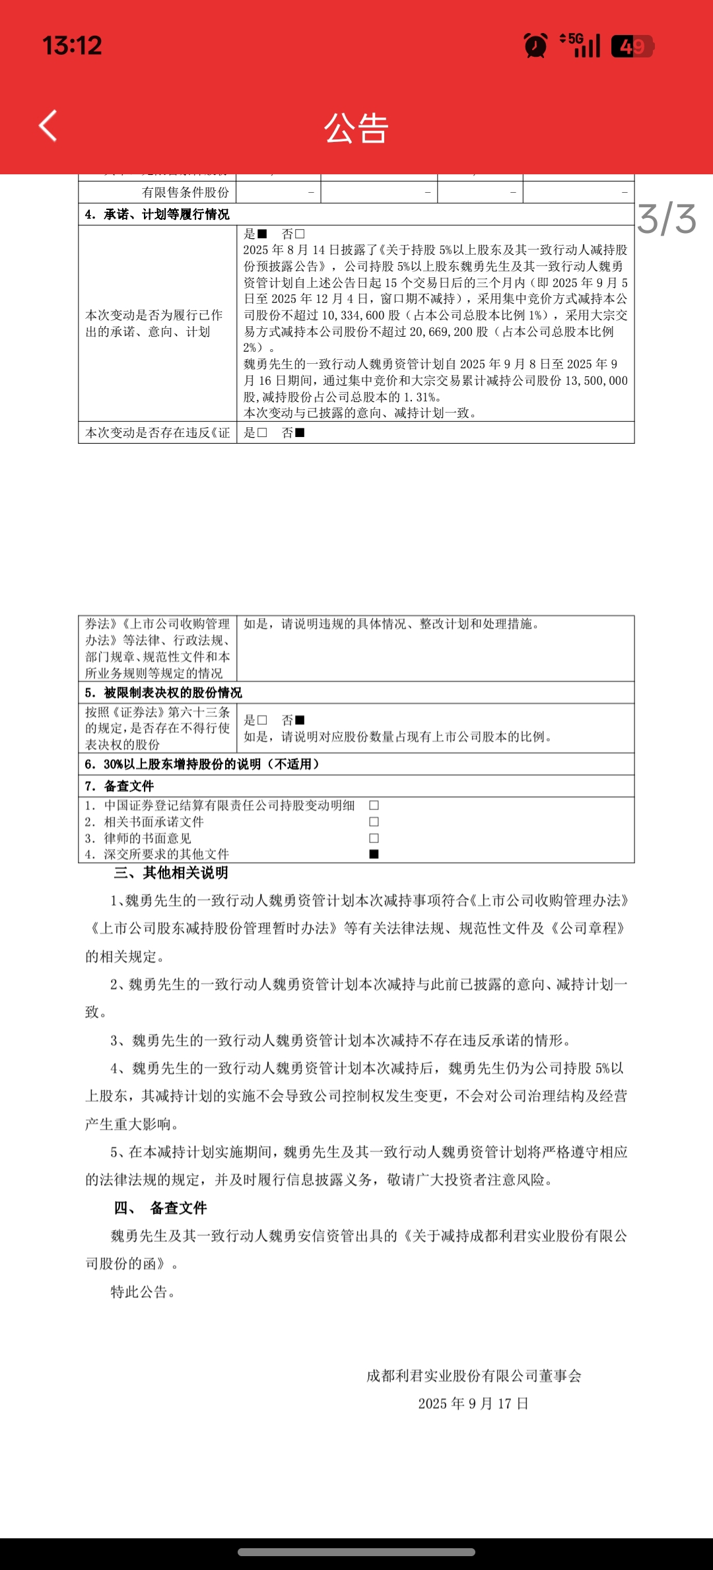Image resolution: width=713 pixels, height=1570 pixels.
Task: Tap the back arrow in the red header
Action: (x=48, y=125)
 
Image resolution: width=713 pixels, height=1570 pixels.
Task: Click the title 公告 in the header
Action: (x=356, y=128)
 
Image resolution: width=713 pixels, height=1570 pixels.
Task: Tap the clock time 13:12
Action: (x=73, y=46)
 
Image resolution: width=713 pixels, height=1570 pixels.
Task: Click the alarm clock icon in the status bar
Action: (x=535, y=46)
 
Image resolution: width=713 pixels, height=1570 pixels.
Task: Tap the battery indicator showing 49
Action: (x=632, y=46)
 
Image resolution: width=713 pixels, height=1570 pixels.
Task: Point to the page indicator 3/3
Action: (x=667, y=219)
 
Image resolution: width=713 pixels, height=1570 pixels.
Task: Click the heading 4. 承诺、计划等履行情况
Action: (x=157, y=215)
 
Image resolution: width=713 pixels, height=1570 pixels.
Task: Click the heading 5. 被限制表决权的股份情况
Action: (x=163, y=693)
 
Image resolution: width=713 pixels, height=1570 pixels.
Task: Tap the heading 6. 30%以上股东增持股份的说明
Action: (x=201, y=764)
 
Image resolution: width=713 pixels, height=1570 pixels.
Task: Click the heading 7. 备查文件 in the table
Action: (x=119, y=786)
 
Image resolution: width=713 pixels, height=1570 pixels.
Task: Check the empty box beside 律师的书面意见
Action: (x=374, y=838)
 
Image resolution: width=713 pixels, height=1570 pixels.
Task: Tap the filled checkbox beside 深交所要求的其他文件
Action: (x=374, y=854)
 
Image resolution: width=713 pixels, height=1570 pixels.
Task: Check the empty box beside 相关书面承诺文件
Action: (x=374, y=822)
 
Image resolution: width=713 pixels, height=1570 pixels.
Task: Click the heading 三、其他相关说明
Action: (x=171, y=873)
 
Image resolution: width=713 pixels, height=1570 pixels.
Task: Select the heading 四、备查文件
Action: (x=160, y=1208)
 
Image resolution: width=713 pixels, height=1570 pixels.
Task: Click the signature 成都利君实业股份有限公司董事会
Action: (x=473, y=1376)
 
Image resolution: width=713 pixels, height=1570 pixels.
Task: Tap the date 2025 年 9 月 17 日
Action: (x=473, y=1404)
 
